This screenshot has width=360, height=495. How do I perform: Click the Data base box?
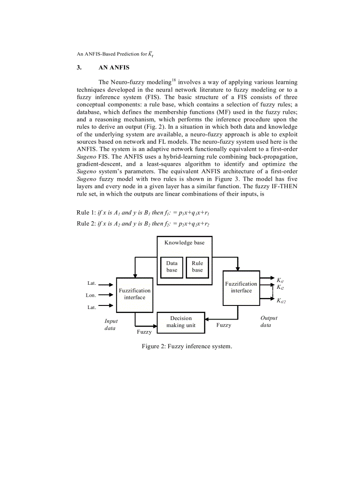coord(172,267)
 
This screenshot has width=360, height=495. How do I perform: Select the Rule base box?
coord(197,267)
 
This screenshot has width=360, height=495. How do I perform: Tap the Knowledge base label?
coord(184,242)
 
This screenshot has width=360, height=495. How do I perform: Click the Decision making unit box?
coord(181,322)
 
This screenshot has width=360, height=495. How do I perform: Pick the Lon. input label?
coord(91,295)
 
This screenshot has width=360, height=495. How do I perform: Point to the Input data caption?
coord(111,325)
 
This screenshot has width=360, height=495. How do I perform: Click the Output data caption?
coord(269,321)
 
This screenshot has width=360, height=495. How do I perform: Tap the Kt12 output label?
coord(281,301)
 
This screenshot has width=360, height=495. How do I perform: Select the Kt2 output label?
coord(280,287)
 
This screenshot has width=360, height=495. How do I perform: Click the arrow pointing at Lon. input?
coord(106,295)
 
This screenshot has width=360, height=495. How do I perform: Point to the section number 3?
coord(79,68)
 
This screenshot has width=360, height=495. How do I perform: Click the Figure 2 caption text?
coord(187,346)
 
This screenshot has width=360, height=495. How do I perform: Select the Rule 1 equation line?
coord(143,212)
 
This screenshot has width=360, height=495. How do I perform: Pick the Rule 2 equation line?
coord(143,223)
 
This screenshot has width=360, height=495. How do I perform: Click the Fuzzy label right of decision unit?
coord(224,325)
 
